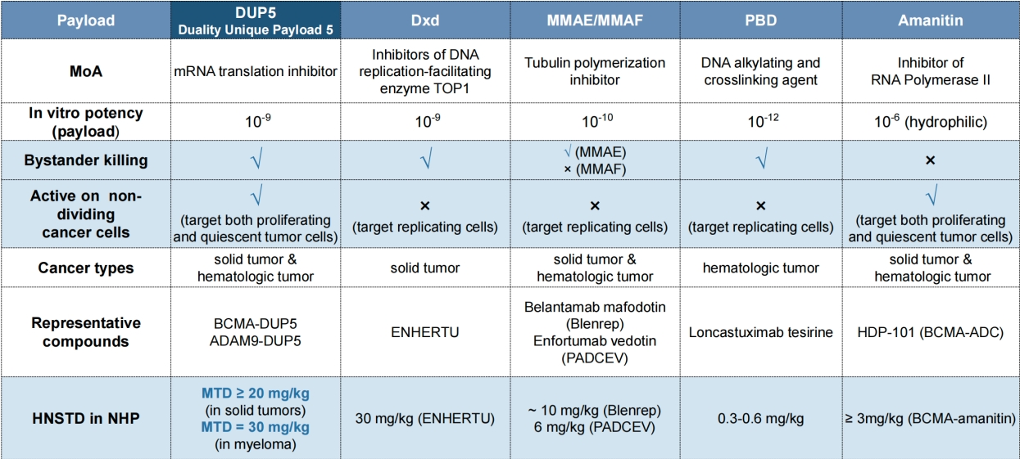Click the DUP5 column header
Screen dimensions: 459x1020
pyautogui.click(x=256, y=20)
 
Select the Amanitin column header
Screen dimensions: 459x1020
pyautogui.click(x=929, y=20)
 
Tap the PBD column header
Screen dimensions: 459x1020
pyautogui.click(x=759, y=20)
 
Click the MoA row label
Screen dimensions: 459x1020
pyautogui.click(x=85, y=71)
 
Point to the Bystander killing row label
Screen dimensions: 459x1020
pyautogui.click(x=85, y=160)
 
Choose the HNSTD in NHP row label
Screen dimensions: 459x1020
pyautogui.click(x=85, y=419)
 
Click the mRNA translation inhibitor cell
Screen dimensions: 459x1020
pyautogui.click(x=256, y=71)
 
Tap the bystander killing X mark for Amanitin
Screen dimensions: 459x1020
pyautogui.click(x=930, y=161)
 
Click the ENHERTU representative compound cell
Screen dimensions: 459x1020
pyautogui.click(x=425, y=332)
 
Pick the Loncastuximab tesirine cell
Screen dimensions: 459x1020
pyautogui.click(x=760, y=332)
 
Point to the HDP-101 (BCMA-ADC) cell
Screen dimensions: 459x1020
pyautogui.click(x=930, y=332)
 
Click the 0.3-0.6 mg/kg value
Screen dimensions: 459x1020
pyautogui.click(x=760, y=419)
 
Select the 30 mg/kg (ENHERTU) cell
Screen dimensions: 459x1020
pyautogui.click(x=425, y=419)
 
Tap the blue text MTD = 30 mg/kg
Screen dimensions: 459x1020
pyautogui.click(x=256, y=427)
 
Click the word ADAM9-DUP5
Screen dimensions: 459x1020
pyautogui.click(x=256, y=340)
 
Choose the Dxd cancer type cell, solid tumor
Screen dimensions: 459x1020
pyautogui.click(x=425, y=268)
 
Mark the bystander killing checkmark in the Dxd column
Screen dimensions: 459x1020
pyautogui.click(x=425, y=161)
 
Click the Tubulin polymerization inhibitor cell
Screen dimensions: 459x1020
pyautogui.click(x=595, y=71)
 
